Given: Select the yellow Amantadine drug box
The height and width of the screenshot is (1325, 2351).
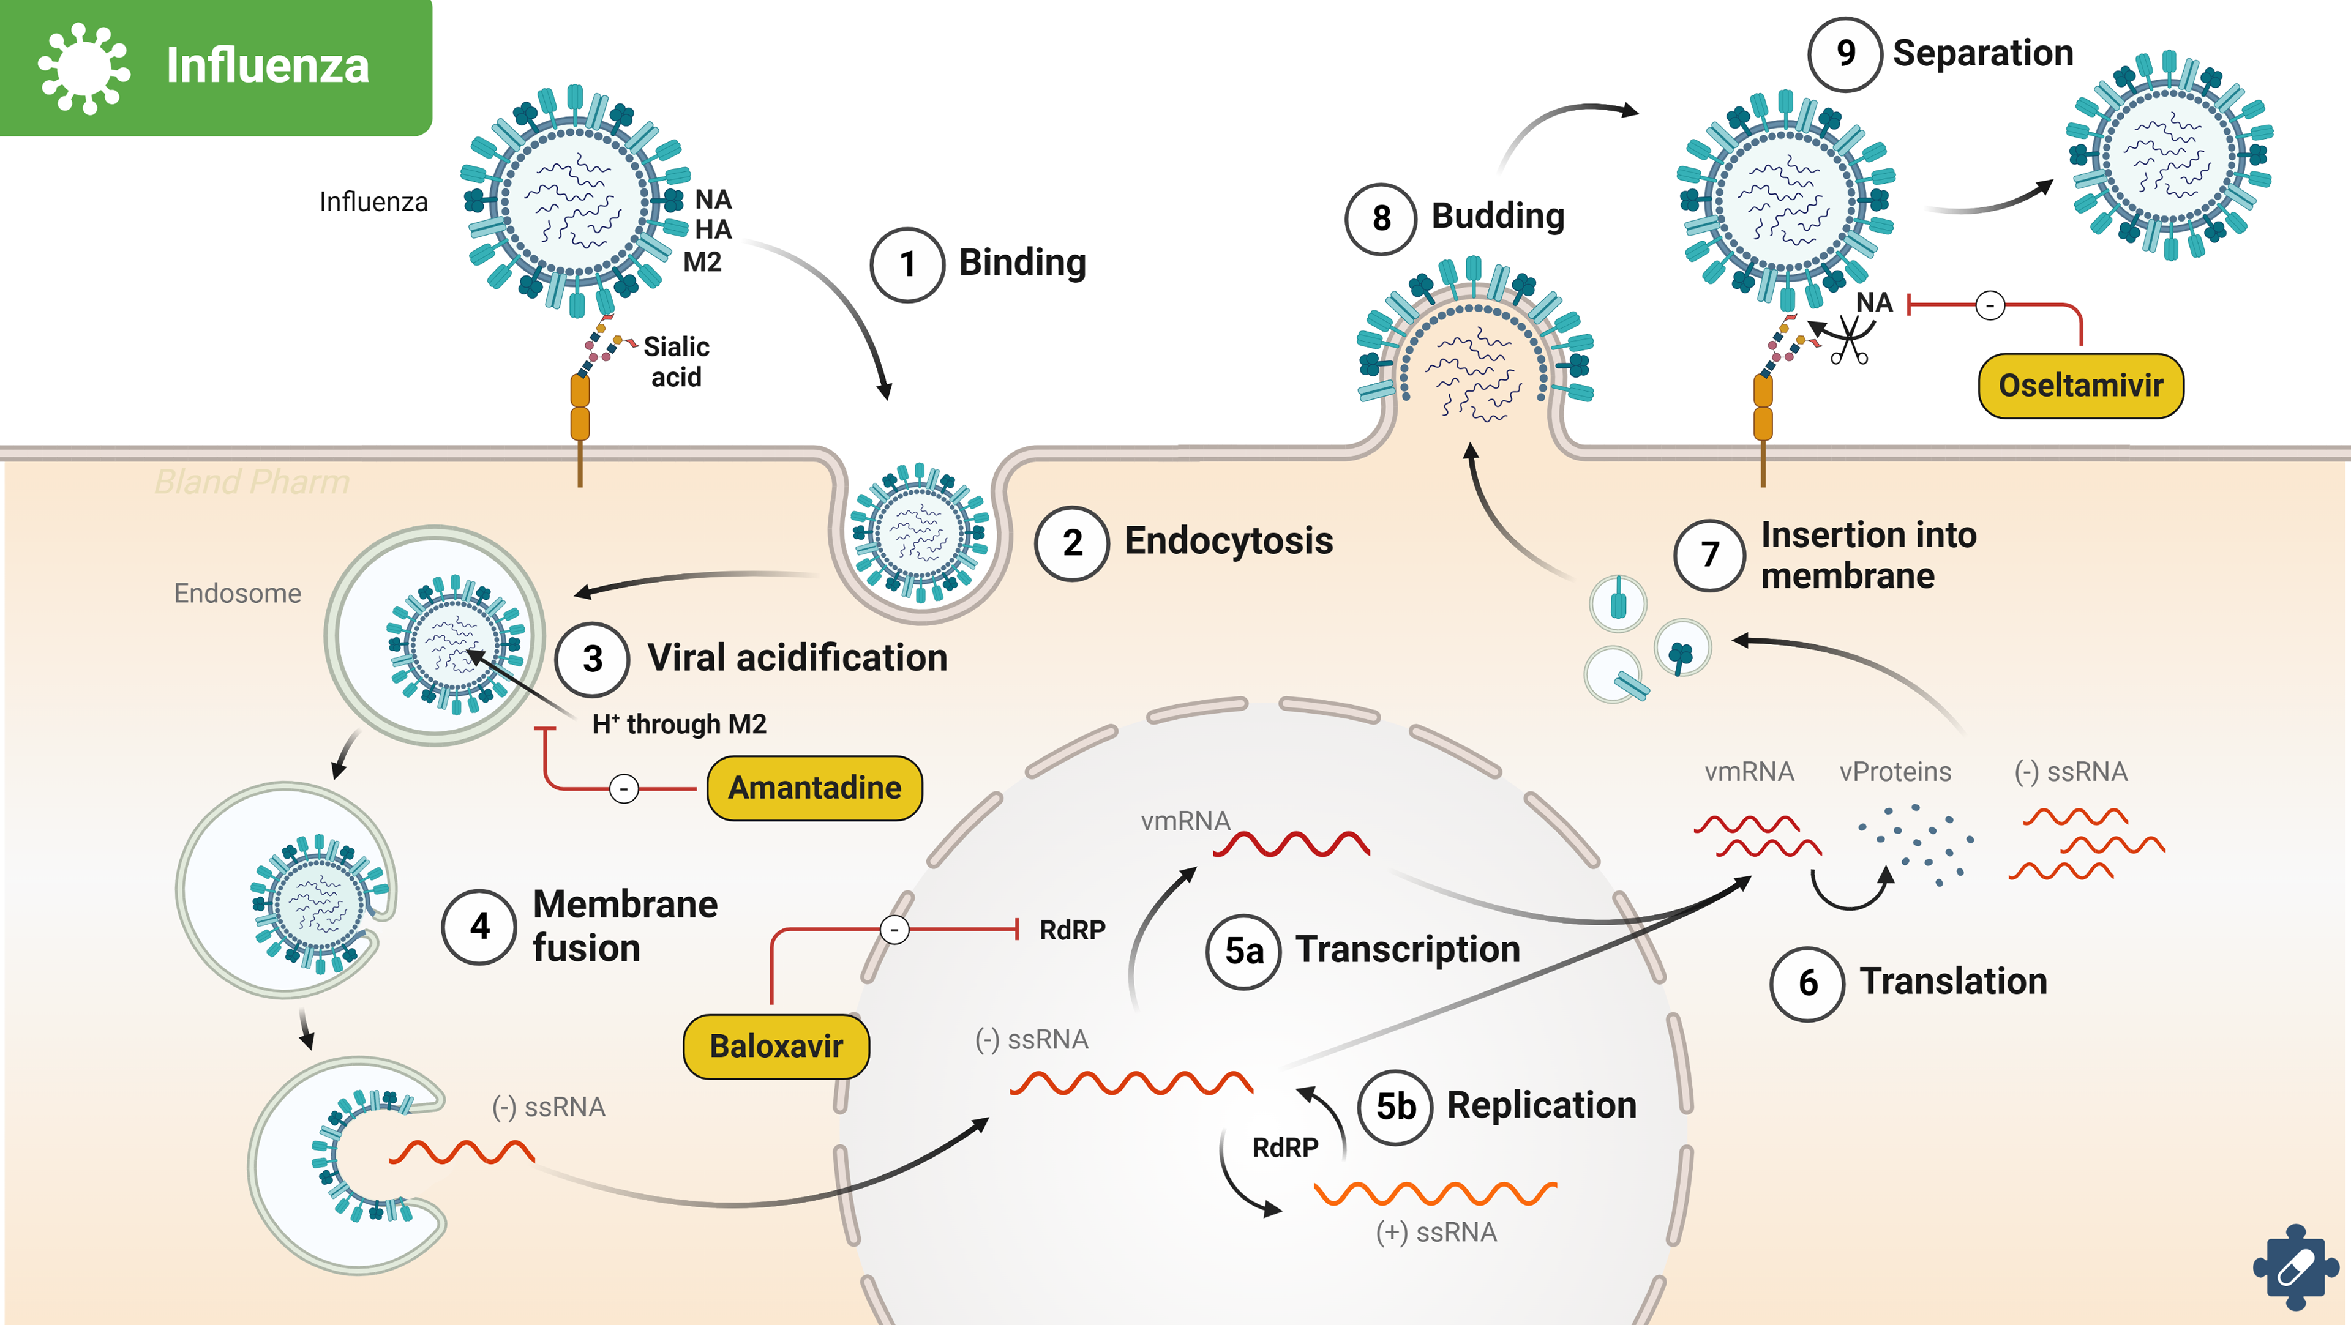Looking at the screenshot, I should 814,788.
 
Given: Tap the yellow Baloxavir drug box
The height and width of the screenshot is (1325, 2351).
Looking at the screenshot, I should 776,1046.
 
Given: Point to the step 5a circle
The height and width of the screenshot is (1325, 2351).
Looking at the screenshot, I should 1243,951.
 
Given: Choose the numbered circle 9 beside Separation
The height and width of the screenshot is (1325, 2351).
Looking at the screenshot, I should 1845,54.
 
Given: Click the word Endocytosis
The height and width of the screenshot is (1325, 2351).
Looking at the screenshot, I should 1228,541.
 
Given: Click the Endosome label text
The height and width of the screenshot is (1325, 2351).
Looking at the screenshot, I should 238,593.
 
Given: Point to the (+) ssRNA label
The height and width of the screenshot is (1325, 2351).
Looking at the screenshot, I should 1436,1232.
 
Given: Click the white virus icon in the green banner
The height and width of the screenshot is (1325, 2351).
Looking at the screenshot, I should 84,69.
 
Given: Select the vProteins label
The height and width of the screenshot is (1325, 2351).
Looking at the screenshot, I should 1895,772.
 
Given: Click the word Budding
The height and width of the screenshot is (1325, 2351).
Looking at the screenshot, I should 1498,216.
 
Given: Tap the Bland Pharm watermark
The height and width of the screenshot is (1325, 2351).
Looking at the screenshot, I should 252,482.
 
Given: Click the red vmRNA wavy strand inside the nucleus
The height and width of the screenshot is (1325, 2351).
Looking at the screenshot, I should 1291,844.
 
